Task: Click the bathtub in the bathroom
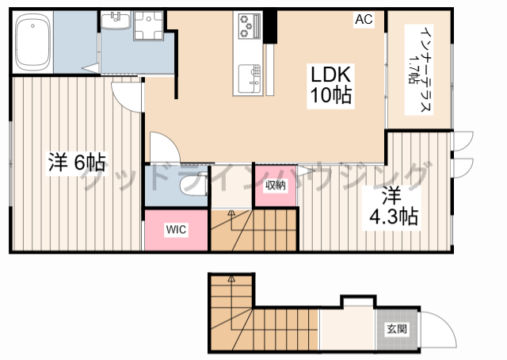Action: (x=32, y=42)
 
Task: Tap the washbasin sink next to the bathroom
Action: (x=116, y=20)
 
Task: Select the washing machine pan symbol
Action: (x=148, y=25)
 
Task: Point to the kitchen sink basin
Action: (x=250, y=79)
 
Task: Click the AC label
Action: (x=364, y=19)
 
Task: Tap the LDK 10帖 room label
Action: (x=331, y=85)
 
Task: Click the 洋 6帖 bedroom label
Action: (x=77, y=163)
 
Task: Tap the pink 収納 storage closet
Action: (x=276, y=186)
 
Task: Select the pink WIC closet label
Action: (x=176, y=229)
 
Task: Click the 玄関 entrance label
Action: (x=397, y=329)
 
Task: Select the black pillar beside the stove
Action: (x=270, y=27)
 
